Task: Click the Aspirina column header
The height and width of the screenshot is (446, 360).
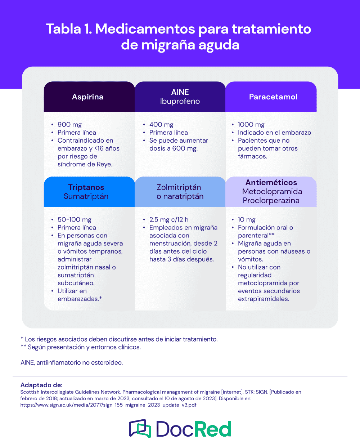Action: tap(87, 97)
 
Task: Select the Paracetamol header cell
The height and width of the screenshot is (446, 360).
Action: tap(273, 97)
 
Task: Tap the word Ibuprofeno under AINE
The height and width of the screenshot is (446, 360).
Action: tap(180, 102)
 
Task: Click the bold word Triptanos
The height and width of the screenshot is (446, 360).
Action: tap(86, 187)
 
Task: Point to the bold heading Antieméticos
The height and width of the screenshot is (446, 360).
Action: tap(271, 183)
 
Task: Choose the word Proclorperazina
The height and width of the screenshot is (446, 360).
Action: tap(271, 201)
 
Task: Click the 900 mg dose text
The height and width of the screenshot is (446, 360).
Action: tap(69, 125)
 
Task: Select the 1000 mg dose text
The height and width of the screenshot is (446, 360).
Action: tap(251, 125)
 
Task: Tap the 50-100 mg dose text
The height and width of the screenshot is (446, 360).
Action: tap(75, 220)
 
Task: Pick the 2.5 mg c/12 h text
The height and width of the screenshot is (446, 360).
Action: tap(169, 220)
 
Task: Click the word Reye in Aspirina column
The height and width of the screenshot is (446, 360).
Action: tap(104, 164)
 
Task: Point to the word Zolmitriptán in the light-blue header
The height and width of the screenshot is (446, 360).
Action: tap(179, 187)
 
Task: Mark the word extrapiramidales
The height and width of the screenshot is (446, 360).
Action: tap(263, 299)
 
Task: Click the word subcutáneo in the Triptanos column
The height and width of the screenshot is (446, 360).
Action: tap(76, 283)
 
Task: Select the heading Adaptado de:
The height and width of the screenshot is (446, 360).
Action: tap(41, 385)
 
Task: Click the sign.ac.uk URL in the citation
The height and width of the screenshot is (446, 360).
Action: tap(108, 405)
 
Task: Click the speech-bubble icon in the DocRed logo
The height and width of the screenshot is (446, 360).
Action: tap(140, 428)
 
